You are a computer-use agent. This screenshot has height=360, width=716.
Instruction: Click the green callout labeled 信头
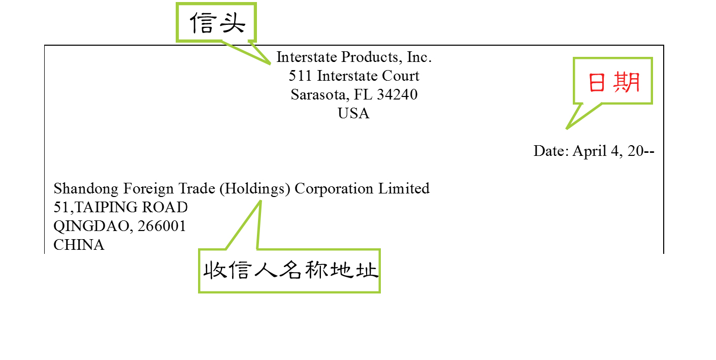(217, 23)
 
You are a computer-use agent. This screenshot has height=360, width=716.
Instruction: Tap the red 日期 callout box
(612, 82)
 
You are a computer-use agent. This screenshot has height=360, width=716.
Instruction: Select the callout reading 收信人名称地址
(289, 271)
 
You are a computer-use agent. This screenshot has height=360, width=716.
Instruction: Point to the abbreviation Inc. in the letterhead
(419, 57)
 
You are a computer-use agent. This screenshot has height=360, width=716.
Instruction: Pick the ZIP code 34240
(397, 94)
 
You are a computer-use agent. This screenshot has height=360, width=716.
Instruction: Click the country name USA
(353, 113)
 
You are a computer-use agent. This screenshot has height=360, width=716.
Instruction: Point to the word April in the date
(590, 151)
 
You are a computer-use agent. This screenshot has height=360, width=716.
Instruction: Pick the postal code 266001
(162, 226)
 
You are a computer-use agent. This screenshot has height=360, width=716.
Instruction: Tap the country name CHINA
(79, 245)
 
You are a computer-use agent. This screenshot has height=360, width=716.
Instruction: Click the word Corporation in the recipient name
(334, 189)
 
